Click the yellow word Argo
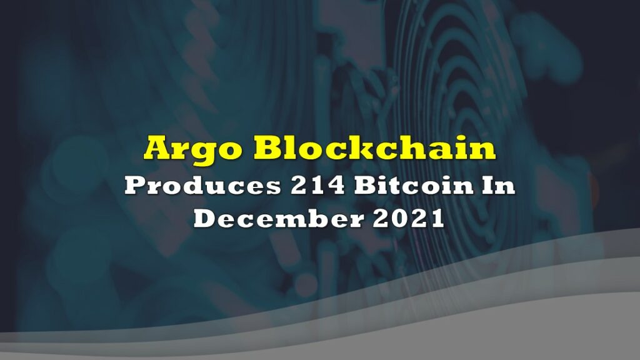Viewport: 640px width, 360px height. (192, 149)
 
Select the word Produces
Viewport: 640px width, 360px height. (203, 186)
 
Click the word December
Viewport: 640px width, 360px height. (278, 218)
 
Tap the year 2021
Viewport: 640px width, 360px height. (409, 218)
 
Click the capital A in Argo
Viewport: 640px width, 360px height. (159, 147)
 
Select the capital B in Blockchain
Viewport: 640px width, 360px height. (267, 147)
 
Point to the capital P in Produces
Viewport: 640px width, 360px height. (137, 186)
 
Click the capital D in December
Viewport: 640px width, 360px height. (206, 218)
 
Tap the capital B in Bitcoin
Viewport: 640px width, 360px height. (367, 186)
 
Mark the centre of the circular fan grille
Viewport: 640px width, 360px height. (465, 98)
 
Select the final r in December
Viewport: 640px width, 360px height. (356, 221)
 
